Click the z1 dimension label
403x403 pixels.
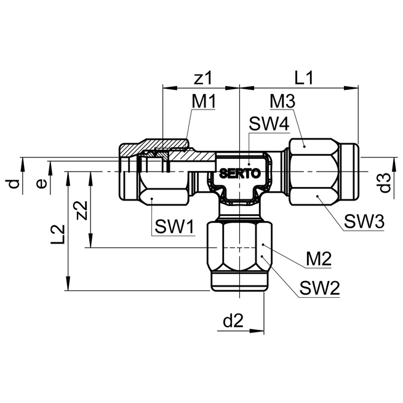point(203,78)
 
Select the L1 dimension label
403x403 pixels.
point(303,78)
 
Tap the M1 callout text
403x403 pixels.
point(204,102)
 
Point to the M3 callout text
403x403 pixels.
point(282,101)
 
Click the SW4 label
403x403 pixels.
point(269,124)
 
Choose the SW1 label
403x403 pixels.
point(174,226)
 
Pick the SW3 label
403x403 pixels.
point(364,221)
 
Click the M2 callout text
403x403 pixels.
point(319,258)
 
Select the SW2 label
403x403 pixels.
point(319,288)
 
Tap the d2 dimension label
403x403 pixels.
point(233,321)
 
